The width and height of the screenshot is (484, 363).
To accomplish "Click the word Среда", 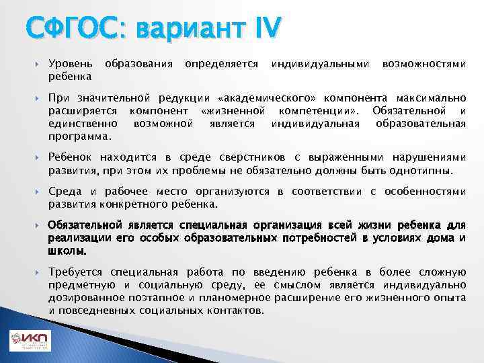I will pyautogui.click(x=65, y=192).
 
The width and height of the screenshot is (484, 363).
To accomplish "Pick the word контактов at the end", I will pyautogui.click(x=235, y=311).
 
